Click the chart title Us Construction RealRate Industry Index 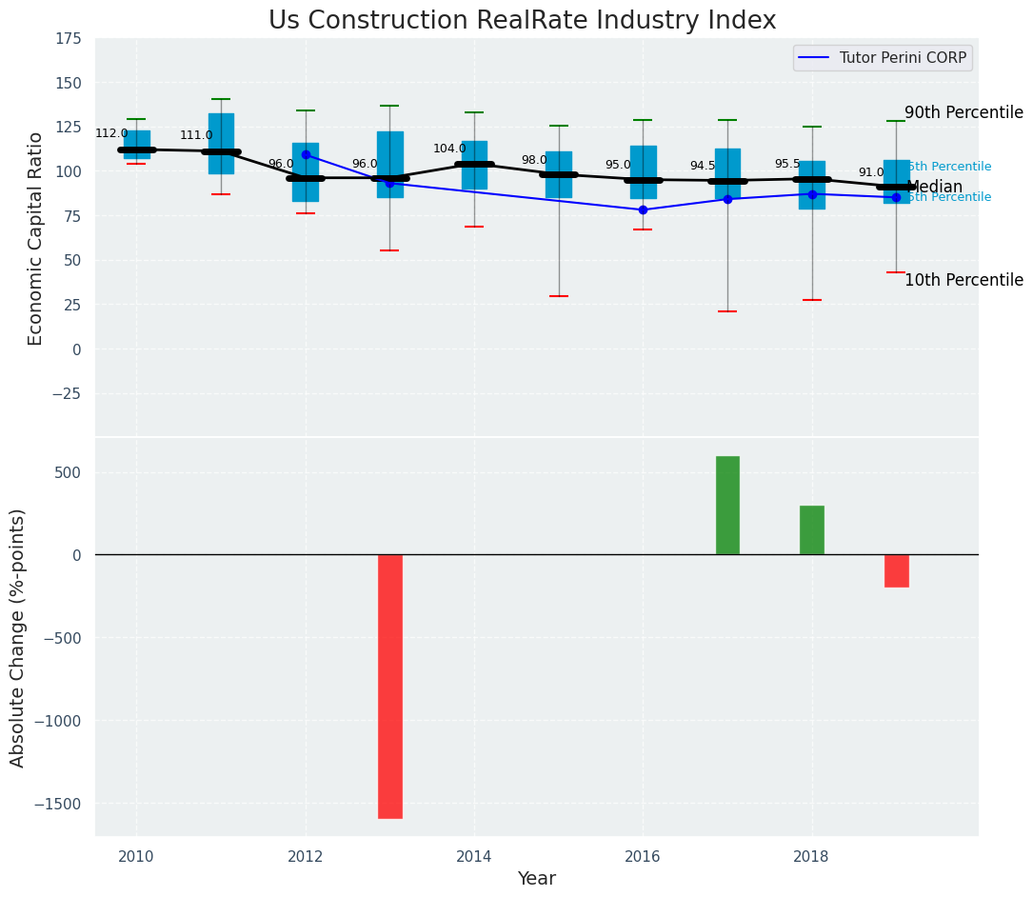pos(522,21)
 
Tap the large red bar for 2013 pos(390,686)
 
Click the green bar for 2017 pos(727,506)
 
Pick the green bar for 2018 pos(812,530)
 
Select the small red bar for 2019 pos(896,571)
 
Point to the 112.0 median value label pos(111,133)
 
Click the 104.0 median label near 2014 pos(449,149)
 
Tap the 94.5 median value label pos(703,166)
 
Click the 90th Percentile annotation pos(963,112)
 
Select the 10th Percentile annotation pos(963,280)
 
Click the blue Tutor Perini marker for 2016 pos(643,209)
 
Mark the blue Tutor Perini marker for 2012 pos(306,154)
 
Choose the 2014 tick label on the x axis pos(474,856)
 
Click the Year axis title pos(536,878)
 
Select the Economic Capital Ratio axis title pos(36,238)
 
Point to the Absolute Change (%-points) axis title pos(18,637)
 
